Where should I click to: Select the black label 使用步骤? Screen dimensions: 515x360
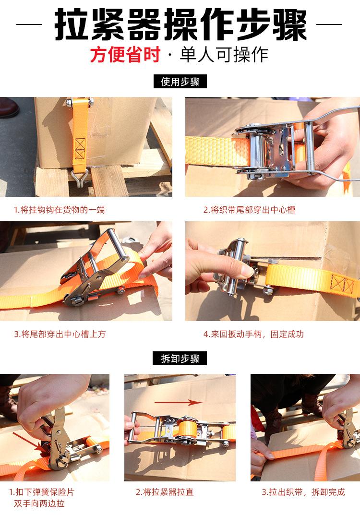pos(180,82)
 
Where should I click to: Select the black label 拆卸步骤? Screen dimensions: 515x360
pos(180,358)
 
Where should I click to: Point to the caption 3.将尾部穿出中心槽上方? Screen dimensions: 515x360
pos(60,334)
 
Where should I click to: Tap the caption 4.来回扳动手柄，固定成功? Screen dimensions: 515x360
pos(253,334)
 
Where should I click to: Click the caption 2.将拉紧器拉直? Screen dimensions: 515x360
pos(165,492)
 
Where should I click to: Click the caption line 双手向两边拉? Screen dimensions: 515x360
pos(39,503)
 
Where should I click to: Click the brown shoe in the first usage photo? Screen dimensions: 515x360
pos(9,108)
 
